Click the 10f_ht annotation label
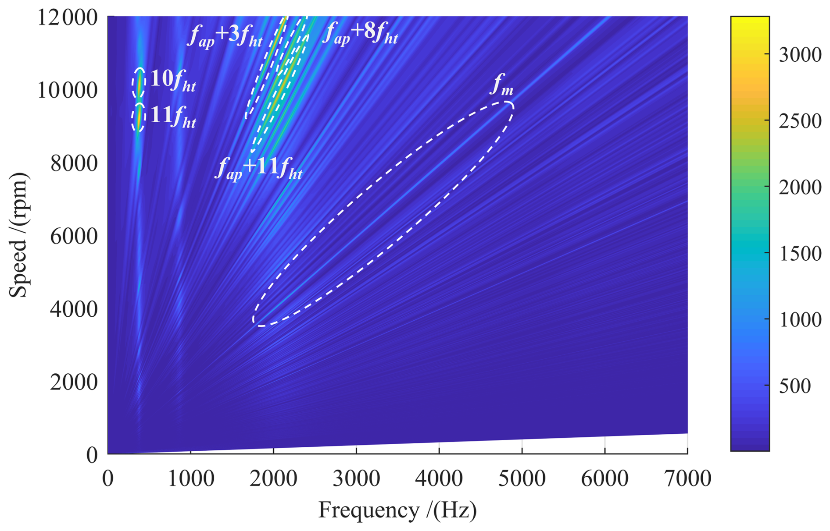pyautogui.click(x=173, y=81)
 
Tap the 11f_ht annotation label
pyautogui.click(x=173, y=117)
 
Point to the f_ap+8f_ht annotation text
pyautogui.click(x=360, y=33)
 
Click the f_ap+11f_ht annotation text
pyautogui.click(x=258, y=169)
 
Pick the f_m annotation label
pyautogui.click(x=501, y=85)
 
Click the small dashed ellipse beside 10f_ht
pyautogui.click(x=139, y=83)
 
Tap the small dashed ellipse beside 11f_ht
pyautogui.click(x=139, y=117)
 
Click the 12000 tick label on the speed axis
pyautogui.click(x=67, y=18)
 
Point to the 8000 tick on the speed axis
pyautogui.click(x=74, y=163)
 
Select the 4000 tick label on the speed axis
pyautogui.click(x=74, y=309)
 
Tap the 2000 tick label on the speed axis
pyautogui.click(x=74, y=382)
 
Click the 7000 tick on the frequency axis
pyautogui.click(x=687, y=478)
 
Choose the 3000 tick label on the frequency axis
pyautogui.click(x=356, y=478)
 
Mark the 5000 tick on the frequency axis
pyautogui.click(x=522, y=478)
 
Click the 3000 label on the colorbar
pyautogui.click(x=800, y=55)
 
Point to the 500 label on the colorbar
pyautogui.click(x=794, y=386)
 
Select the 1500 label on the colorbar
pyautogui.click(x=800, y=254)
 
